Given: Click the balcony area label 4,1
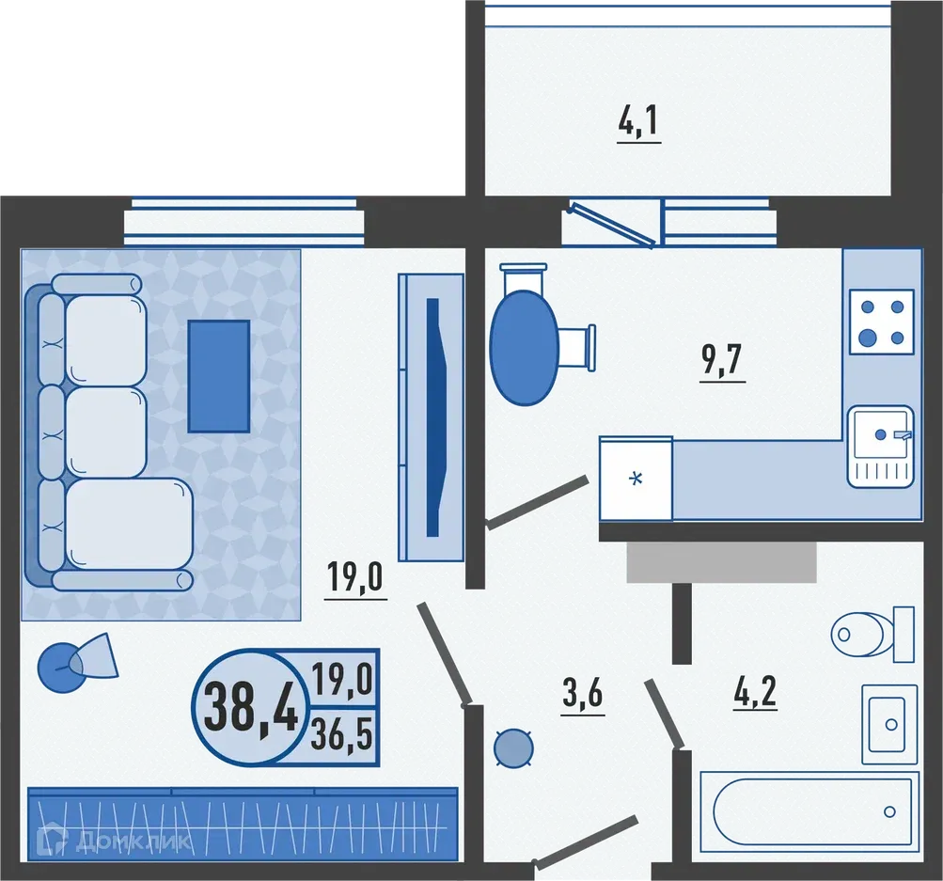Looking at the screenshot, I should pyautogui.click(x=639, y=123).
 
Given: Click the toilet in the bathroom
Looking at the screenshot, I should pyautogui.click(x=872, y=633).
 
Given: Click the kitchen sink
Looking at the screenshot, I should pyautogui.click(x=880, y=446).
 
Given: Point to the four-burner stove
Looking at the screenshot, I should pyautogui.click(x=881, y=322).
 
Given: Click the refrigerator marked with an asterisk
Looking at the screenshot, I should pyautogui.click(x=637, y=478).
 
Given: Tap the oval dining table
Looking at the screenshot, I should pyautogui.click(x=524, y=347).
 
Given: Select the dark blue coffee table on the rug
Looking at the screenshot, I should pyautogui.click(x=218, y=375).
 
